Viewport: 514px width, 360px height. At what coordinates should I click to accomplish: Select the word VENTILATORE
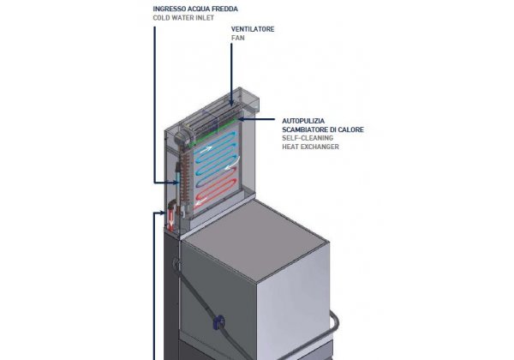point(253,29)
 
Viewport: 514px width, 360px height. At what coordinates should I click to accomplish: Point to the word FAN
point(238,39)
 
